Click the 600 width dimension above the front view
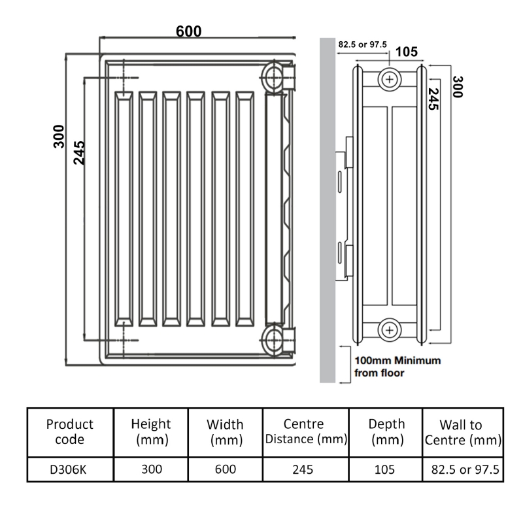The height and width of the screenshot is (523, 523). tap(188, 31)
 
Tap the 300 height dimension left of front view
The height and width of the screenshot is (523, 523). tap(59, 136)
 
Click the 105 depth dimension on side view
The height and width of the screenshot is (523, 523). tap(407, 52)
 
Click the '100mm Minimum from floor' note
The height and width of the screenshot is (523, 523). tap(397, 367)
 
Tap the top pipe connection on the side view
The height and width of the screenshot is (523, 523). tap(390, 79)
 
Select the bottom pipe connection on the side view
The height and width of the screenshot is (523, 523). tap(390, 330)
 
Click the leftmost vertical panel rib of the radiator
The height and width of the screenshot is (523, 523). tap(124, 209)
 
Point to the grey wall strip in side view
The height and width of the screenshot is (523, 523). tap(327, 209)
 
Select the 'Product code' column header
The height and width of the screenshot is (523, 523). tap(70, 432)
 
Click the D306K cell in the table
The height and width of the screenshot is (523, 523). tap(70, 469)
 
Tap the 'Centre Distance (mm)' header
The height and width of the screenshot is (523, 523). tap(305, 432)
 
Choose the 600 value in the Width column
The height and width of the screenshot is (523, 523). tap(226, 469)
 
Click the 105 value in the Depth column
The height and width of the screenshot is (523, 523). tap(386, 469)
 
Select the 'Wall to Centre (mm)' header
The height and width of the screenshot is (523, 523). tap(462, 432)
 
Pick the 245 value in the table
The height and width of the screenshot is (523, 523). tap(305, 469)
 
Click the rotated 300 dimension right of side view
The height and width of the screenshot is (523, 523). tap(457, 87)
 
